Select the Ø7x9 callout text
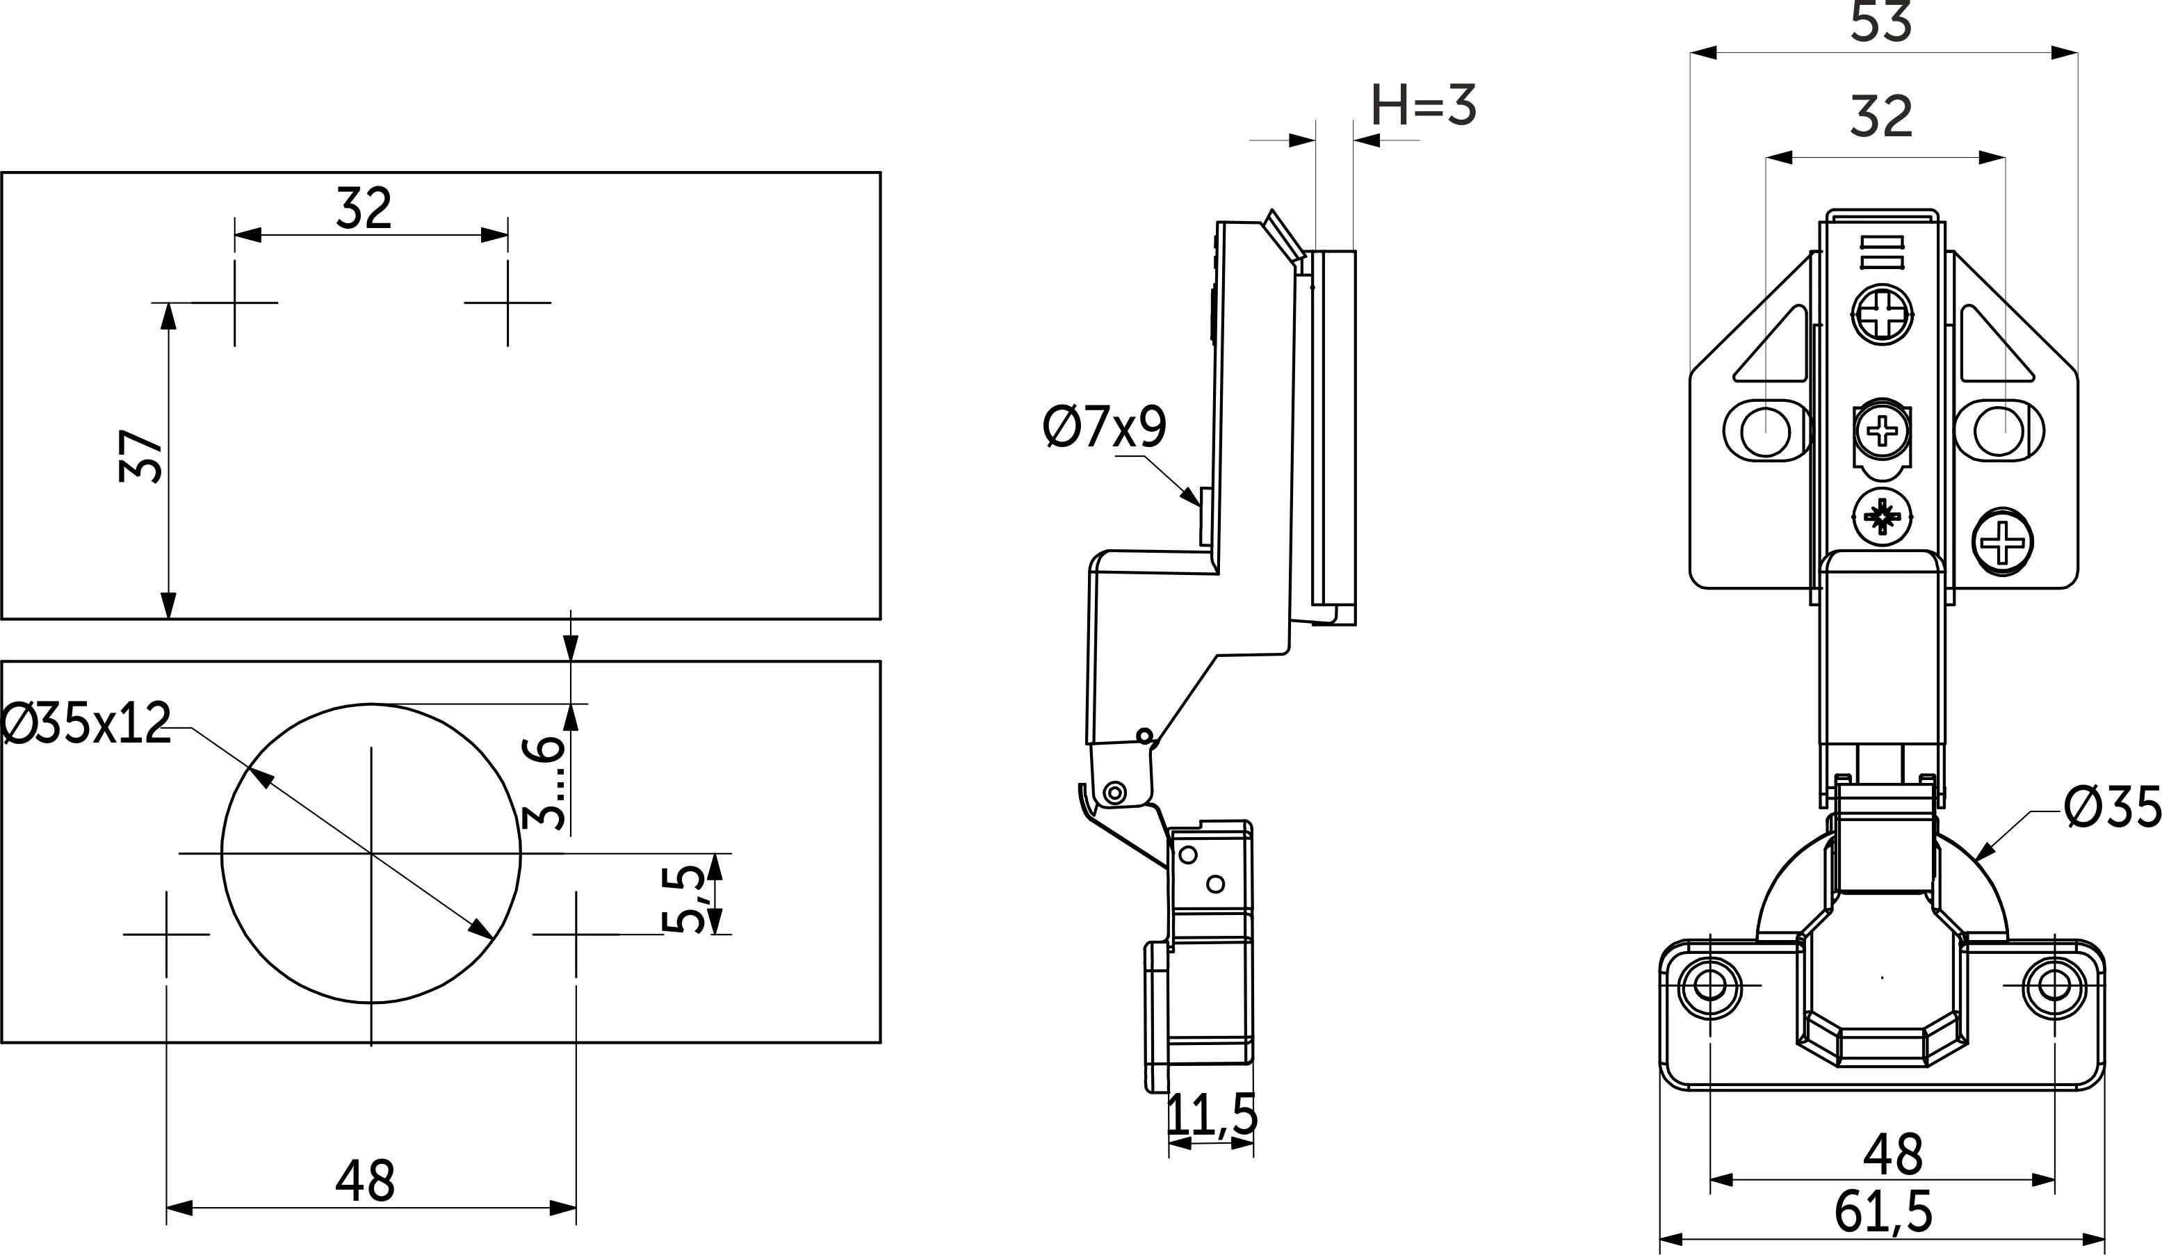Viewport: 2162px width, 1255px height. click(x=1105, y=428)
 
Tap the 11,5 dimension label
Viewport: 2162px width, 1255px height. click(x=1212, y=1115)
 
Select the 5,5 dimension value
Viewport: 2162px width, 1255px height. click(x=684, y=899)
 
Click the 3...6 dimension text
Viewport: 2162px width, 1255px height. click(x=544, y=782)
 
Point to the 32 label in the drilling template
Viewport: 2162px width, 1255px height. click(x=364, y=209)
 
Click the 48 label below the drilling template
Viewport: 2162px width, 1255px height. click(x=366, y=1181)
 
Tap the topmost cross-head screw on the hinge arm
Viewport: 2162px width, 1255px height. click(x=1883, y=314)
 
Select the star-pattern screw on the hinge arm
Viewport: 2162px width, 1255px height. click(x=1883, y=517)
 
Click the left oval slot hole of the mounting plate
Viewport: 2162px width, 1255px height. click(x=1766, y=430)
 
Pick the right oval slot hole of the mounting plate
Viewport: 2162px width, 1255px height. click(x=1999, y=430)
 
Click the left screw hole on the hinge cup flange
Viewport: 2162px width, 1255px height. click(x=1710, y=986)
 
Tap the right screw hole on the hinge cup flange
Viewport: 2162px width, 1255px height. click(x=2054, y=986)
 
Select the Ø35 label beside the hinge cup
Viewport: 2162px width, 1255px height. click(x=2111, y=808)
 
